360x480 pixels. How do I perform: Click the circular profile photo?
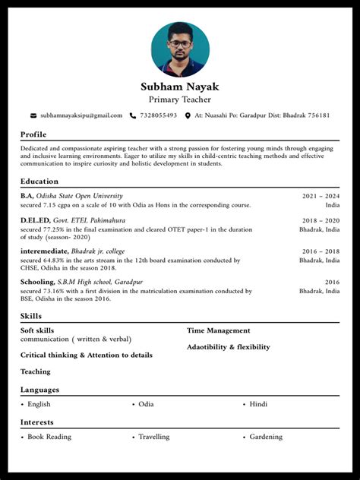tap(180, 49)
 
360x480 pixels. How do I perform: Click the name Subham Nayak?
tap(180, 87)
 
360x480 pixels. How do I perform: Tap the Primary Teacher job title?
tap(180, 99)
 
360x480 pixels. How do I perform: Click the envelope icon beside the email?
tap(33, 115)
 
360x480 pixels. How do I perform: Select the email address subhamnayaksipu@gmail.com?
tap(81, 115)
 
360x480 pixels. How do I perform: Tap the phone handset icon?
tap(133, 115)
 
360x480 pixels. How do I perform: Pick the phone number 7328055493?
tap(159, 115)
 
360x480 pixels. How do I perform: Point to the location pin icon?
tap(187, 115)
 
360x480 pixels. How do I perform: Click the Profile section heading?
tap(33, 134)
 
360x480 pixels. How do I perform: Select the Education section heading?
tap(39, 182)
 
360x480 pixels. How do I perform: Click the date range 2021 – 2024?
tap(321, 196)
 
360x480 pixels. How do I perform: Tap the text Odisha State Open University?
tap(79, 196)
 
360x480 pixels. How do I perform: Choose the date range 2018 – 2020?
tap(321, 220)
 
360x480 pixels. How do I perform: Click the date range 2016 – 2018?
tap(321, 251)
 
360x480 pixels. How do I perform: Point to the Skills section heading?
tap(31, 316)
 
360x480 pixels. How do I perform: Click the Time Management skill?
tap(218, 330)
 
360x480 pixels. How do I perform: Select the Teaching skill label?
tap(36, 371)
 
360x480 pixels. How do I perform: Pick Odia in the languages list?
tap(146, 404)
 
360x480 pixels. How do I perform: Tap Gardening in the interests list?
tap(266, 437)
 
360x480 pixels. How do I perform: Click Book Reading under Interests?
tap(49, 437)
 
